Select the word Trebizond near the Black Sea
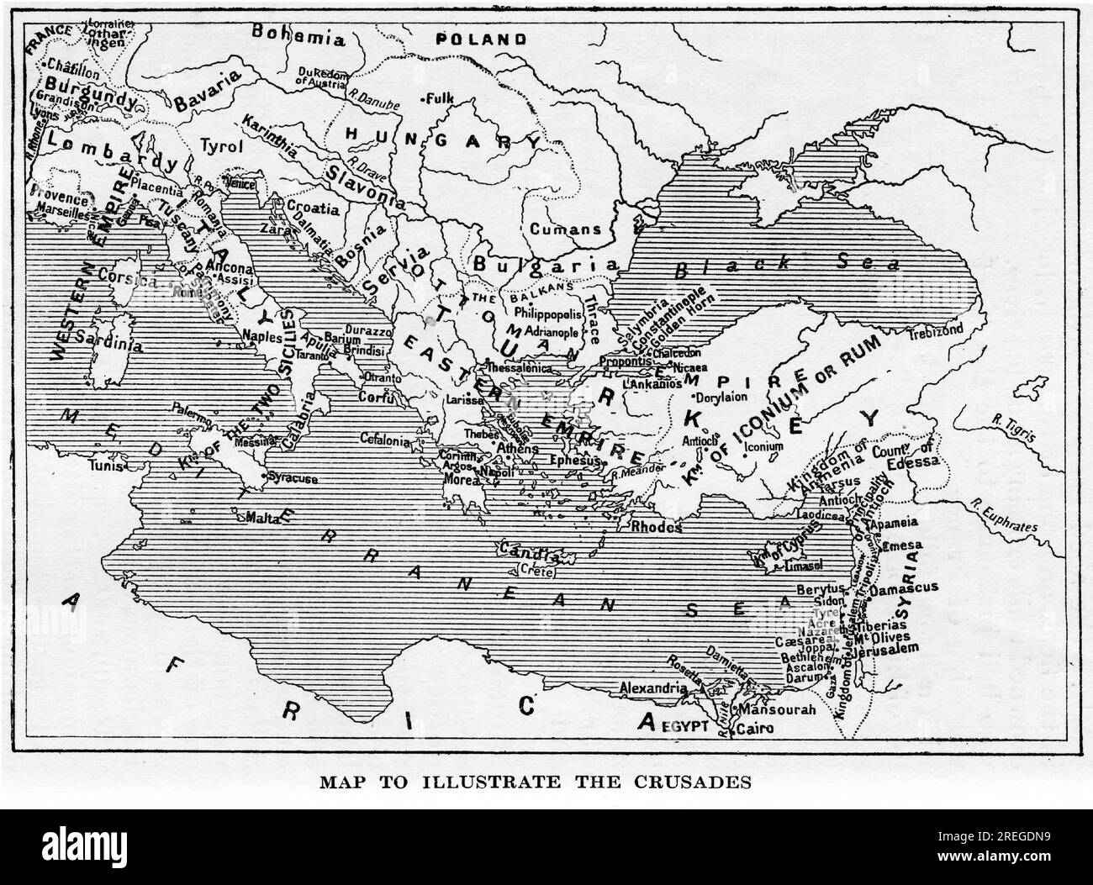click(x=935, y=332)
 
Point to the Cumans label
click(x=564, y=229)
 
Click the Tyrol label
click(x=221, y=146)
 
